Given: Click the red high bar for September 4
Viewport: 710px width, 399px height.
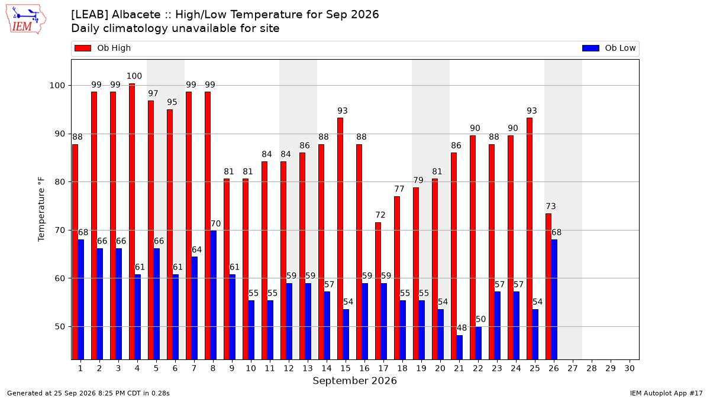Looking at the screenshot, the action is tap(132, 221).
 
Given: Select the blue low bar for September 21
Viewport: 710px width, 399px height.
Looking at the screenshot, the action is tap(460, 348).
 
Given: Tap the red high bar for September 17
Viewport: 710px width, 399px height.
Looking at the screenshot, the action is tap(378, 291).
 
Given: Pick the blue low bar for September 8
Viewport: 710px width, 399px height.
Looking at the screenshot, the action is tap(214, 295).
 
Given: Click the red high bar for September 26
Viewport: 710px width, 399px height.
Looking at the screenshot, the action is tap(548, 287).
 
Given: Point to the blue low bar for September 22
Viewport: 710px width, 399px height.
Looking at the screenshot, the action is tap(478, 343).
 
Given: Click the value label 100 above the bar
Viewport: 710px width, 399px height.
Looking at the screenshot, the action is tap(134, 76).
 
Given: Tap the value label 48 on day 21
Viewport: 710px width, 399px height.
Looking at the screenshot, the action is tap(461, 327).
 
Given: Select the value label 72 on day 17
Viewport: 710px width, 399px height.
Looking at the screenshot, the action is tap(380, 215).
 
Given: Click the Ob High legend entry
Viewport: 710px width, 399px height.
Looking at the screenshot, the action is tap(102, 48).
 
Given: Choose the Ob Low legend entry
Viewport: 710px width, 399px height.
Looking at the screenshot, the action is tap(609, 48).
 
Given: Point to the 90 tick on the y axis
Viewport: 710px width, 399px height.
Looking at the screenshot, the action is tap(60, 134).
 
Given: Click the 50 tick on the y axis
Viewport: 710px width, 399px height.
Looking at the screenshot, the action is tap(60, 326).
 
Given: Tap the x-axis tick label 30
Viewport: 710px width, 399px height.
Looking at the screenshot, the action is tap(630, 368).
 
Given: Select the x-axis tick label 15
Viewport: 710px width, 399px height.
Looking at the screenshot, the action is tap(346, 368).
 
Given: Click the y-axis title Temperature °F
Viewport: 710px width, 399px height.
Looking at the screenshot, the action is tap(41, 209).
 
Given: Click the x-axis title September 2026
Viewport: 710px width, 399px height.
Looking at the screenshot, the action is tap(354, 381).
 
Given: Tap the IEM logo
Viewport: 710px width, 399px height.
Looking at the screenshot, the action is tap(25, 20).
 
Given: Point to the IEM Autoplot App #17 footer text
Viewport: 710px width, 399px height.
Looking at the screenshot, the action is tap(666, 393).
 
